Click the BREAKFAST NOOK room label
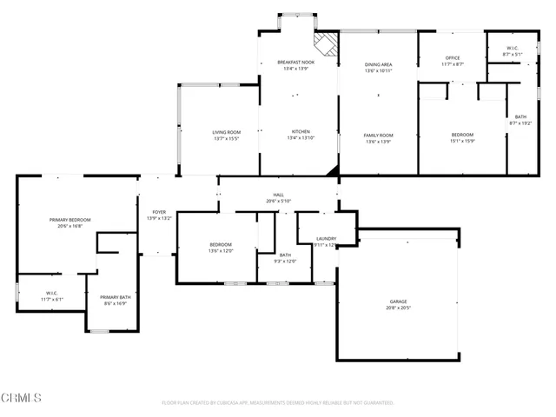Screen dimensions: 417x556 coord(295,63)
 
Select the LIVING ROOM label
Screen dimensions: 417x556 coord(226,132)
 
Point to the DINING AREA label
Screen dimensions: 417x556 coord(378,63)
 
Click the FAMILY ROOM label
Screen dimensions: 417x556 coord(378,135)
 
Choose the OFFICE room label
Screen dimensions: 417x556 coord(453,58)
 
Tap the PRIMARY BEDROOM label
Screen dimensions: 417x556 coord(69,220)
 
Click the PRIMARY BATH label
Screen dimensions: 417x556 coord(115,297)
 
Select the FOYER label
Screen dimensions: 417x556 coord(159,212)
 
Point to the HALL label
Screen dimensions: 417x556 coord(279,195)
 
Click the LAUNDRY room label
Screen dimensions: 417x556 coord(327,238)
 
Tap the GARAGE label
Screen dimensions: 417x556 coord(398,301)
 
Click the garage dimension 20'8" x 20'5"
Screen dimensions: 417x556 coord(398,308)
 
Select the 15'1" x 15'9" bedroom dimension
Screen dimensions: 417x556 coord(462,141)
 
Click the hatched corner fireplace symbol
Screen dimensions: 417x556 coord(326,44)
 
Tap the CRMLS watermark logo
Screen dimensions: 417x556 coord(22,398)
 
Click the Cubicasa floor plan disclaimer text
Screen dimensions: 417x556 coord(278,403)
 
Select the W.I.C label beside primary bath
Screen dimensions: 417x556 coord(51,294)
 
